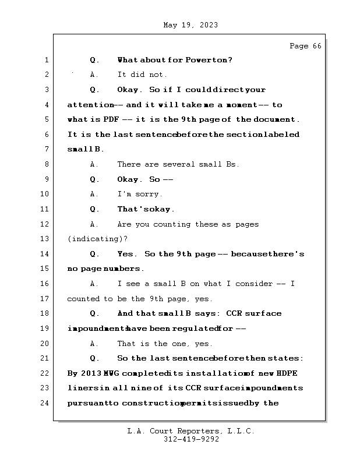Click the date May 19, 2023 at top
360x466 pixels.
(190, 25)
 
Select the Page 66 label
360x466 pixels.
(305, 46)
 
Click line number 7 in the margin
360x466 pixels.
(46, 149)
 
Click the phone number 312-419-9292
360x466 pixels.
(191, 440)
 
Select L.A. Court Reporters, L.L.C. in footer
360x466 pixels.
(191, 431)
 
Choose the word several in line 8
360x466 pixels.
(175, 164)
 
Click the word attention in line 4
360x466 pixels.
(90, 105)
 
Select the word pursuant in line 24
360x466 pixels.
(87, 403)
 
